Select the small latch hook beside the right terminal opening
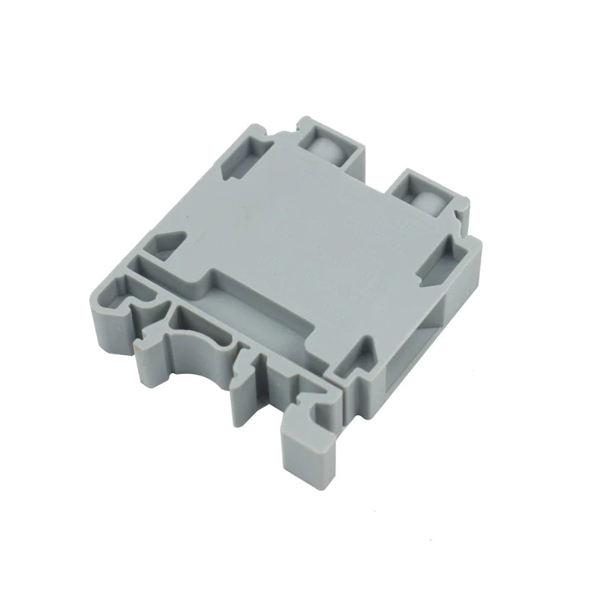(x=460, y=220)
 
